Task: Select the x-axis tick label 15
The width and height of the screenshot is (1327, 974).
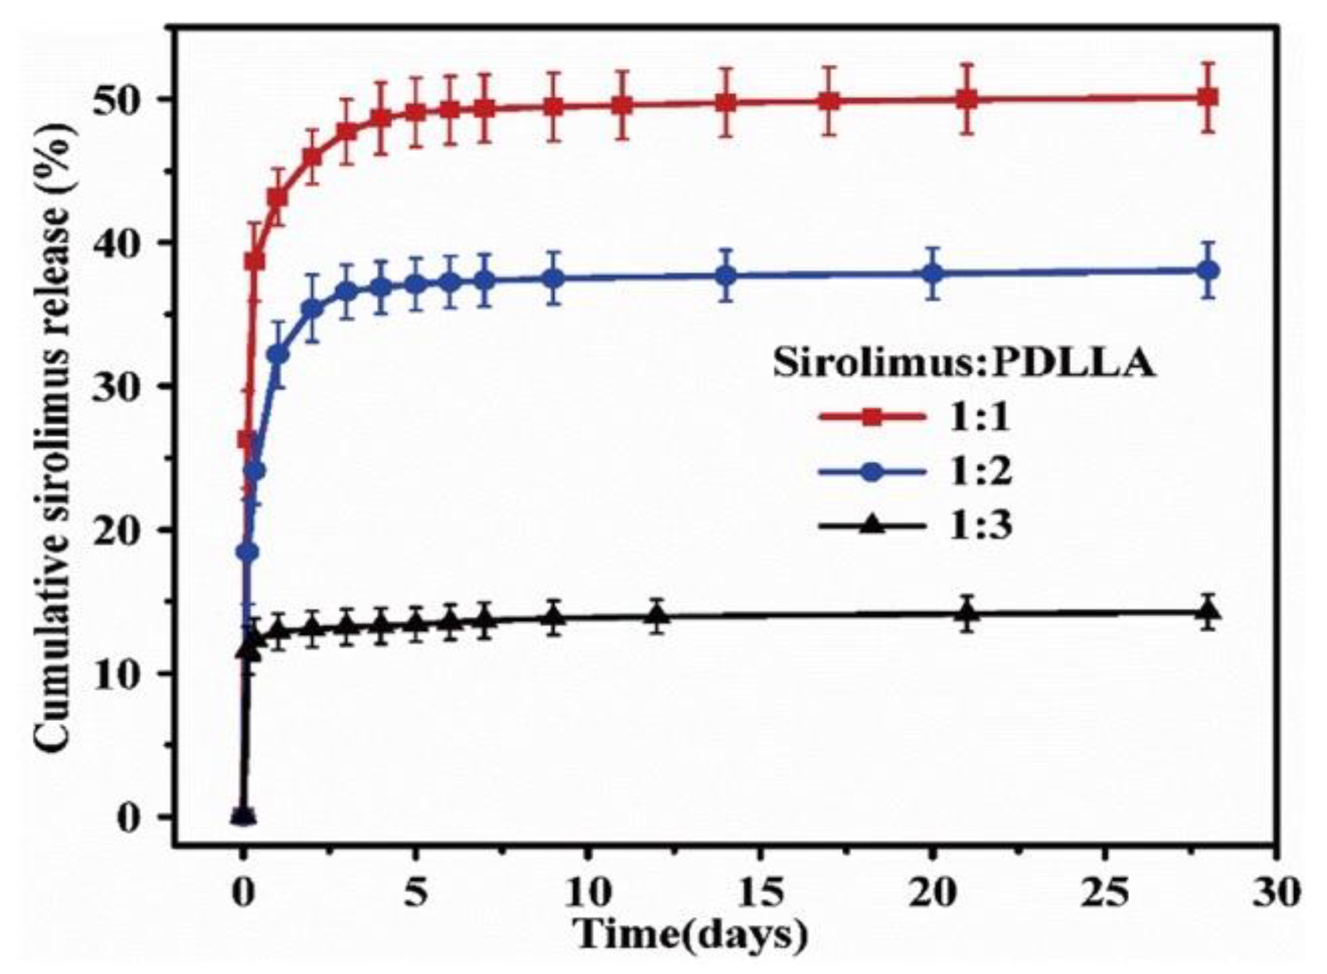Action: (x=760, y=893)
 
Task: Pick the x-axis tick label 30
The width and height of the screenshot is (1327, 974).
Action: (x=1277, y=893)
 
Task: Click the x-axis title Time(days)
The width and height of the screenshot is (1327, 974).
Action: (x=689, y=934)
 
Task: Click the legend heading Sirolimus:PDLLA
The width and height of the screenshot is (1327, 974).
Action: (x=964, y=363)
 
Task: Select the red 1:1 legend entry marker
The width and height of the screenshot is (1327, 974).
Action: (x=872, y=418)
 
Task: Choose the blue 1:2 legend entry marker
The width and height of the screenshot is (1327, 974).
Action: (x=872, y=473)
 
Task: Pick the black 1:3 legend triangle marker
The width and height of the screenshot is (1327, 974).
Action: (x=872, y=526)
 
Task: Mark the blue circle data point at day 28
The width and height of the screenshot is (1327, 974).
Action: (x=1209, y=271)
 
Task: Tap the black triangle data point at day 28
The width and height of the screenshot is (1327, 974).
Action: (x=1209, y=611)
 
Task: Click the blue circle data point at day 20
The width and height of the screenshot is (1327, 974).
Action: (x=932, y=274)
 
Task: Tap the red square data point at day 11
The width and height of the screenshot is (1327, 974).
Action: (x=622, y=105)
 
